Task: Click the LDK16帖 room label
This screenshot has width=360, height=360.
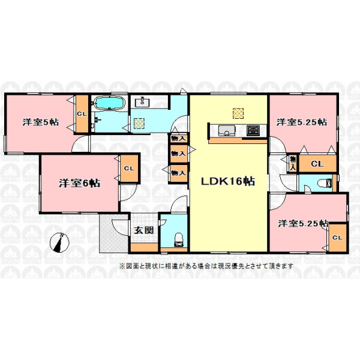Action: tap(228, 181)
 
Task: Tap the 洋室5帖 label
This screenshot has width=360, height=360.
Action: tap(41, 122)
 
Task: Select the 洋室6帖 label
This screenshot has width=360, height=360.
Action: tap(79, 183)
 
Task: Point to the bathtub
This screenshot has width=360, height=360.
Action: tap(110, 103)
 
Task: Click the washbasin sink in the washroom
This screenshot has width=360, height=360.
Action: tap(142, 102)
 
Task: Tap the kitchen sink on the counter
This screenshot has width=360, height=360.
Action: tap(227, 131)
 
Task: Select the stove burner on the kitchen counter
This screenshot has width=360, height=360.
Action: tap(253, 130)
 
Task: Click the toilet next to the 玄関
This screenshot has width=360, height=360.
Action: tap(179, 240)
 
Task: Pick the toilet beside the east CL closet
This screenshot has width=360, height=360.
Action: tap(325, 183)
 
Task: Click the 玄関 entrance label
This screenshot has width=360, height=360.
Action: tap(144, 230)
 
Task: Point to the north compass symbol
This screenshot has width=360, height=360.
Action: tap(59, 242)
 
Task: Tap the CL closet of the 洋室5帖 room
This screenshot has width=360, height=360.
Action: tap(82, 113)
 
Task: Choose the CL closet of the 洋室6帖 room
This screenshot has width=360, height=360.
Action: tap(129, 169)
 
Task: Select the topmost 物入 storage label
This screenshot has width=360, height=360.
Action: tap(178, 139)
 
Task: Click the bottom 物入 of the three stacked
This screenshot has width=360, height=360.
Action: tap(178, 173)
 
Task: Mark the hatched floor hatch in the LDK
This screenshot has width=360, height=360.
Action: tap(238, 113)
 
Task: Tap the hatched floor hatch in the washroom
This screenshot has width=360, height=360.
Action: tap(139, 123)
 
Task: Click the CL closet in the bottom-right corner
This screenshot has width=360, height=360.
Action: tap(337, 238)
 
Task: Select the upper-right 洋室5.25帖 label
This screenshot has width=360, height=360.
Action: tap(302, 122)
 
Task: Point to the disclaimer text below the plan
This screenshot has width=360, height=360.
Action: tap(206, 266)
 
